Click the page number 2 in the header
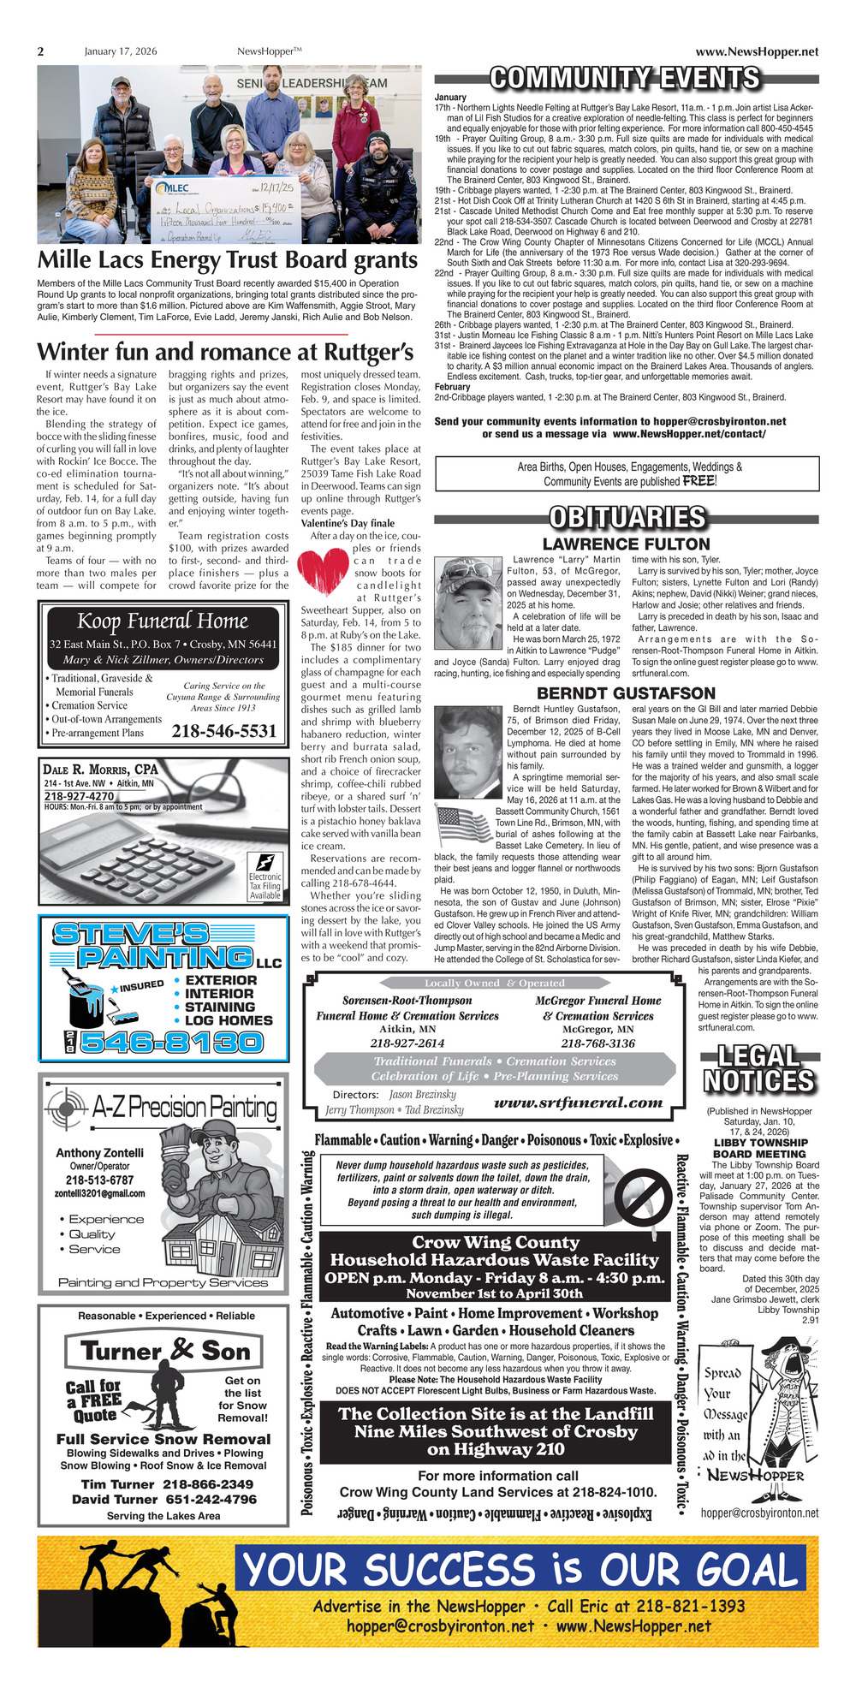click(40, 51)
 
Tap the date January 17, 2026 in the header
click(121, 51)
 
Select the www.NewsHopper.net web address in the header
click(757, 51)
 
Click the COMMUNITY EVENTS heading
click(625, 79)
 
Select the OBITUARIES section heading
click(627, 517)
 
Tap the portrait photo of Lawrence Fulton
click(467, 603)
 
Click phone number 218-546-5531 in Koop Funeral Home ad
click(224, 730)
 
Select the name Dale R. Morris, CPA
click(100, 769)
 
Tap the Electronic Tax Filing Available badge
click(265, 876)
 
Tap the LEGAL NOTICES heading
click(759, 1069)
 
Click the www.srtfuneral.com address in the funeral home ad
click(579, 1103)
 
